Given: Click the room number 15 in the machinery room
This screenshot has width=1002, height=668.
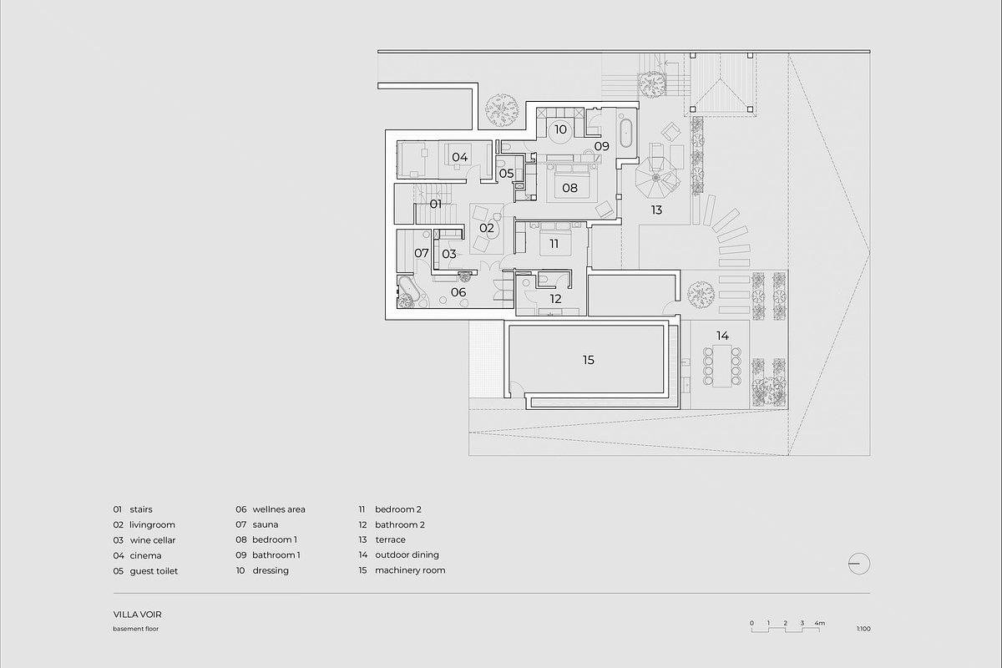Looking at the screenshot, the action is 588,360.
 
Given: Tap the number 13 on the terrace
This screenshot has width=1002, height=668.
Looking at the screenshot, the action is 656,210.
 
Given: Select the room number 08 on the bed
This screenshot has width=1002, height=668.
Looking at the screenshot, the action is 569,188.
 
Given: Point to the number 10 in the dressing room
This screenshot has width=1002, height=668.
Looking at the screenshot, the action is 560,129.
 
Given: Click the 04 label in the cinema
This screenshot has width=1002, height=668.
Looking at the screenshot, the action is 460,157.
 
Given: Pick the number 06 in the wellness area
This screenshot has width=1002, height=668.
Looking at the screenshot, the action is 458,292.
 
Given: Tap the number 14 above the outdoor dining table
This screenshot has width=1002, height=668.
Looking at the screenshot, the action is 722,336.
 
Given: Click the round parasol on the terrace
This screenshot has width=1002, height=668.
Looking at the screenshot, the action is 656,178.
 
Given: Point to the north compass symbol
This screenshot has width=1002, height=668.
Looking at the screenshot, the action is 859,564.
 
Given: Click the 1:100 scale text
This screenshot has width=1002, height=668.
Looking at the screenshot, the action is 863,629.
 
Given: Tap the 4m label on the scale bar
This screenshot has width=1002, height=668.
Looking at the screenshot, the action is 819,623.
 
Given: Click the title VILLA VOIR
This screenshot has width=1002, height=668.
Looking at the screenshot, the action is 137,615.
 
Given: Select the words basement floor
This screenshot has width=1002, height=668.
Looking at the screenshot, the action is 136,629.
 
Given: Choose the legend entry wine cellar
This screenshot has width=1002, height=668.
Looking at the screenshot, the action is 153,540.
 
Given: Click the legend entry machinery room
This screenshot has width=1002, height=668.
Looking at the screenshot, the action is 410,570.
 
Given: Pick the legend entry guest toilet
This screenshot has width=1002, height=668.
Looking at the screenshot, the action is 154,571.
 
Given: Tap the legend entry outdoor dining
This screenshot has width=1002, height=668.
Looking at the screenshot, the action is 407,554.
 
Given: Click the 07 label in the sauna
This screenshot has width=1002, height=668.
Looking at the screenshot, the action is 422,253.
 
